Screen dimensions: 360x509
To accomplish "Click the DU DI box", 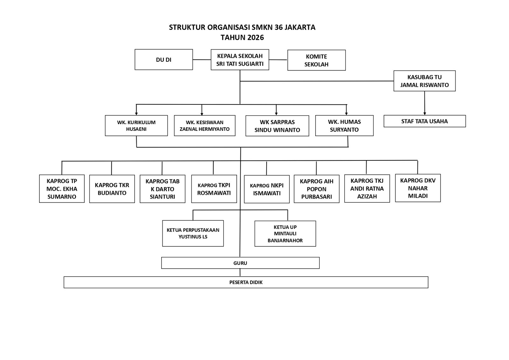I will (x=164, y=60).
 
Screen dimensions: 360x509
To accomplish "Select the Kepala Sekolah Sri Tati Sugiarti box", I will (x=240, y=60).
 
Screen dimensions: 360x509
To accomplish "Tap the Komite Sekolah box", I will (x=316, y=60).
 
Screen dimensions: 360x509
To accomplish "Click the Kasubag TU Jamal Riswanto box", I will (x=424, y=81).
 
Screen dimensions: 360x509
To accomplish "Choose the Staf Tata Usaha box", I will (x=424, y=121).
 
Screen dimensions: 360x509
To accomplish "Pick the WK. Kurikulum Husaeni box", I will (x=136, y=126).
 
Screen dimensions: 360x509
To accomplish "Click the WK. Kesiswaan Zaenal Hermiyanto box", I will (x=205, y=126).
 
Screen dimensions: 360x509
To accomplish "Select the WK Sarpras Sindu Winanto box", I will (x=277, y=126).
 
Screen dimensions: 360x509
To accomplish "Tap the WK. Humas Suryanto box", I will (x=344, y=126).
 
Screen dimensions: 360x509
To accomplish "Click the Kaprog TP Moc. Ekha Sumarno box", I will (x=62, y=189).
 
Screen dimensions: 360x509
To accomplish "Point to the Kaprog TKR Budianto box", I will (x=112, y=189).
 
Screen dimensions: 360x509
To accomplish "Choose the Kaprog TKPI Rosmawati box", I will (x=214, y=189).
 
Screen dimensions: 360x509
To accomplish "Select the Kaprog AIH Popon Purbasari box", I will (x=316, y=189).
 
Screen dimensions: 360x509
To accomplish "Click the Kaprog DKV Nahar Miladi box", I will (x=418, y=188).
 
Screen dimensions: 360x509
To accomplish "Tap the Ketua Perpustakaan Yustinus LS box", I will (x=193, y=233).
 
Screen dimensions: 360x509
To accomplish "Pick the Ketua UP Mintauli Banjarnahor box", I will (x=285, y=234).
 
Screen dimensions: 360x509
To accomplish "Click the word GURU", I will (x=240, y=263).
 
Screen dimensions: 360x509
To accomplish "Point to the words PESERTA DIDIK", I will (x=246, y=282).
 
